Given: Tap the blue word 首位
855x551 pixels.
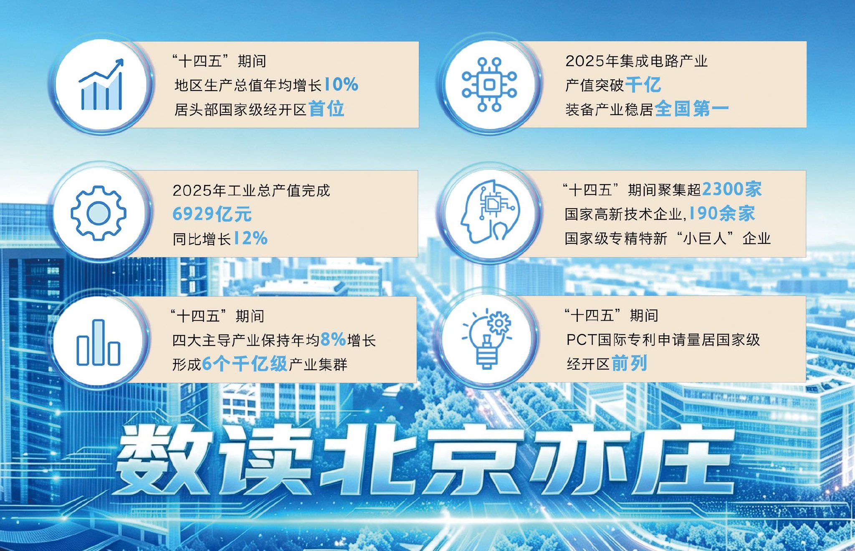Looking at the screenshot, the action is tap(326, 109).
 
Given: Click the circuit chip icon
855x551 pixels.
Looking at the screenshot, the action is tap(489, 85).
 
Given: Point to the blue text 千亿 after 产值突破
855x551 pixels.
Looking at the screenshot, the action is tap(643, 85).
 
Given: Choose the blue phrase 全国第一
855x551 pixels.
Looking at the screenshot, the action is tap(692, 109).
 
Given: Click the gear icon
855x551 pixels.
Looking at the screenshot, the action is tap(99, 213).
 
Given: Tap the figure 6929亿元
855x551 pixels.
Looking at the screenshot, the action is tap(212, 214).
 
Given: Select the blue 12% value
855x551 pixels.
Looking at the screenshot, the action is tap(250, 238).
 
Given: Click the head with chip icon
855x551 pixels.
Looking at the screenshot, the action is tap(489, 212).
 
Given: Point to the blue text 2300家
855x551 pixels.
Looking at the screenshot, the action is tap(732, 190).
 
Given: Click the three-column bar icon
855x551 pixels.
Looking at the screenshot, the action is tap(99, 342).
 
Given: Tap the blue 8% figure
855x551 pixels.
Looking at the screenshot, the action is tap(333, 340).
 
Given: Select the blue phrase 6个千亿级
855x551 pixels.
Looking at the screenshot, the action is tap(245, 364).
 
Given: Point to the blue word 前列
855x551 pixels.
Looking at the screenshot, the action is tap(630, 363).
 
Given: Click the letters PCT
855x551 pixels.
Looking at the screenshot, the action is tap(581, 340).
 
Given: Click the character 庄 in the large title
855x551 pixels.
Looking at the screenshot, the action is tap(685, 459).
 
